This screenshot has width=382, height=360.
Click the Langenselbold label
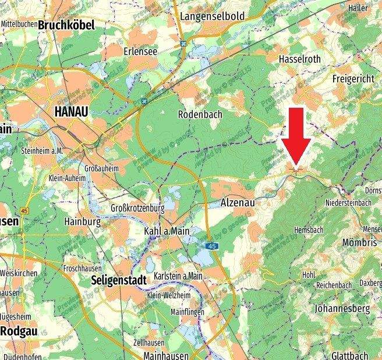pyautogui.click(x=212, y=16)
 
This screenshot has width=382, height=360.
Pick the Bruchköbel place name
pyautogui.click(x=66, y=25)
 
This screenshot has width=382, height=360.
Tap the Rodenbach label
pyautogui.click(x=200, y=114)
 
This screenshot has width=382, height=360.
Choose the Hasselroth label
pyautogui.click(x=300, y=59)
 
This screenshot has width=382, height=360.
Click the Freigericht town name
pyautogui.click(x=352, y=78)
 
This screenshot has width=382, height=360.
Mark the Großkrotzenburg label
pyautogui.click(x=138, y=208)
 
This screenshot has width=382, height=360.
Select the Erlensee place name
pyautogui.click(x=140, y=51)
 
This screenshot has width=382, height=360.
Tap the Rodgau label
pyautogui.click(x=20, y=330)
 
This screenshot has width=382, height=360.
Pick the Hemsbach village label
pyautogui.click(x=308, y=231)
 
